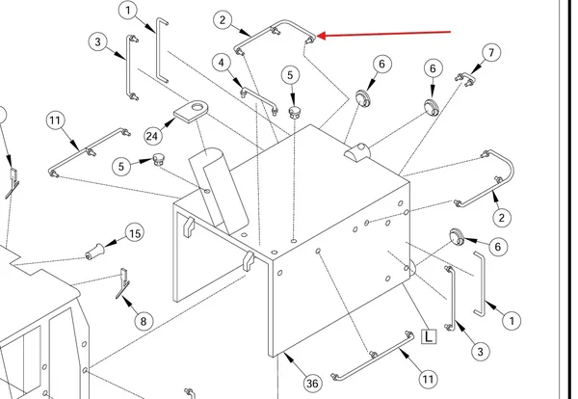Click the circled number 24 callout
[152, 137]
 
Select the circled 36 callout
[312, 384]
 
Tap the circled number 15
[135, 233]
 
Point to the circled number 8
[144, 321]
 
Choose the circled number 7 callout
[491, 52]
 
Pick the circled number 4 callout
[222, 63]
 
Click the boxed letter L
[429, 336]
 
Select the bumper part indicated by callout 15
[94, 252]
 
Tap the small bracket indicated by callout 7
[465, 79]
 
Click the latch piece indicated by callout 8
[123, 283]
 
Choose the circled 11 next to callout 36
[428, 379]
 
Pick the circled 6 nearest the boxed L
[498, 247]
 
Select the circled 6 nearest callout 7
[433, 68]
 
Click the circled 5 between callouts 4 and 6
[291, 75]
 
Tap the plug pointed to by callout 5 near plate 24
[159, 160]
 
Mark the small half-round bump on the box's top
[356, 151]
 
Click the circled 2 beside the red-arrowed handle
[223, 19]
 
